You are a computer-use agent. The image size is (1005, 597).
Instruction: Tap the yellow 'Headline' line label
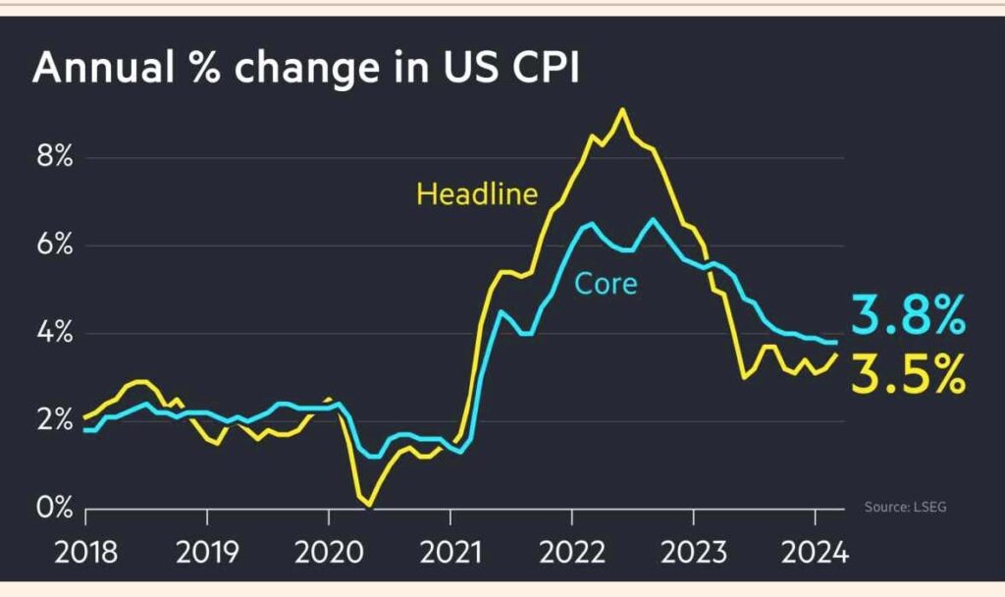point(477,193)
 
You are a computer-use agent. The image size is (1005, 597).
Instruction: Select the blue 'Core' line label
point(606,284)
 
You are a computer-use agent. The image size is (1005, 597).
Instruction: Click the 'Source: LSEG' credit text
point(906,507)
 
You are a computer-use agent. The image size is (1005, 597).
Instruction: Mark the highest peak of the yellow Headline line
point(621,110)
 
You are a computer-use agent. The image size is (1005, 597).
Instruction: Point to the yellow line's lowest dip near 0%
point(369,505)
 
